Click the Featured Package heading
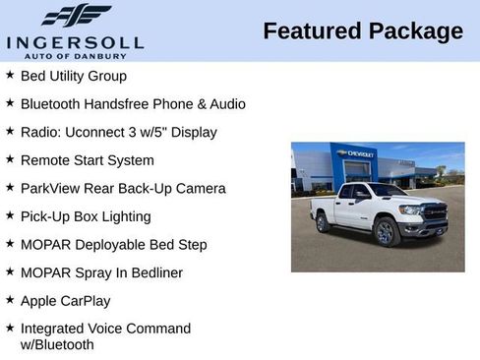point(363,31)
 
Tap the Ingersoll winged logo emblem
point(76,16)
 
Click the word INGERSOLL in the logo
point(75,42)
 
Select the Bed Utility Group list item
point(73,76)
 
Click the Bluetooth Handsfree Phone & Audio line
point(133,103)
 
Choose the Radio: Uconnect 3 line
point(118,132)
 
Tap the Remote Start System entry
point(87,160)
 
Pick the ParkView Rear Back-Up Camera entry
point(123,188)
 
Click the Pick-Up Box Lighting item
point(86,216)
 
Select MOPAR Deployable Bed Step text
point(113,244)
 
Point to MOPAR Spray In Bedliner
point(101,272)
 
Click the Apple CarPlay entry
point(65,301)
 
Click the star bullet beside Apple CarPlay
point(9,300)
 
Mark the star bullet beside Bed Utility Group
point(9,75)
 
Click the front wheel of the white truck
point(386,232)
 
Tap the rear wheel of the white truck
point(323,223)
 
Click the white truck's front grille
point(435,212)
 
